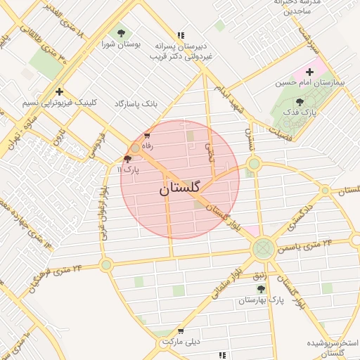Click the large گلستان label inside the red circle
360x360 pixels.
(x=180, y=188)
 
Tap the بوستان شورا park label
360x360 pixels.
(x=121, y=44)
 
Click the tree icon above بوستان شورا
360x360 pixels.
(x=121, y=33)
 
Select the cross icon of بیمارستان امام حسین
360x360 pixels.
(x=309, y=72)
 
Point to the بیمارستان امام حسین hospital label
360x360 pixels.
(x=310, y=83)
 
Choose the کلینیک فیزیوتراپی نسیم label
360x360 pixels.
(x=58, y=103)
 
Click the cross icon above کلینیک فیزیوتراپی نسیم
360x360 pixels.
(x=59, y=91)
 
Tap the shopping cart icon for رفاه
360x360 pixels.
(x=146, y=135)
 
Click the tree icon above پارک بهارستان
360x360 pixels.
(x=261, y=290)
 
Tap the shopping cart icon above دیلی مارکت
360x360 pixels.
(x=181, y=331)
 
